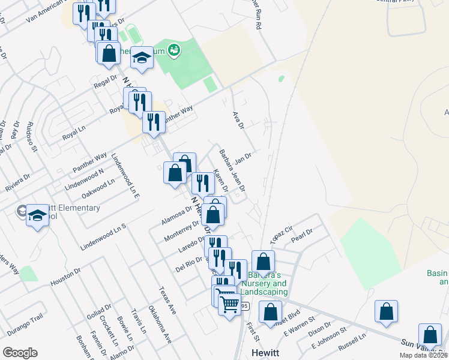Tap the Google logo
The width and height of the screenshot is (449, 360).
[20, 353]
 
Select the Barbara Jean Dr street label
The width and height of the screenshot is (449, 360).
[232, 170]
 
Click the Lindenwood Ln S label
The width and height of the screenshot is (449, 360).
[105, 237]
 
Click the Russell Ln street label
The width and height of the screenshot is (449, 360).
[352, 342]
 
